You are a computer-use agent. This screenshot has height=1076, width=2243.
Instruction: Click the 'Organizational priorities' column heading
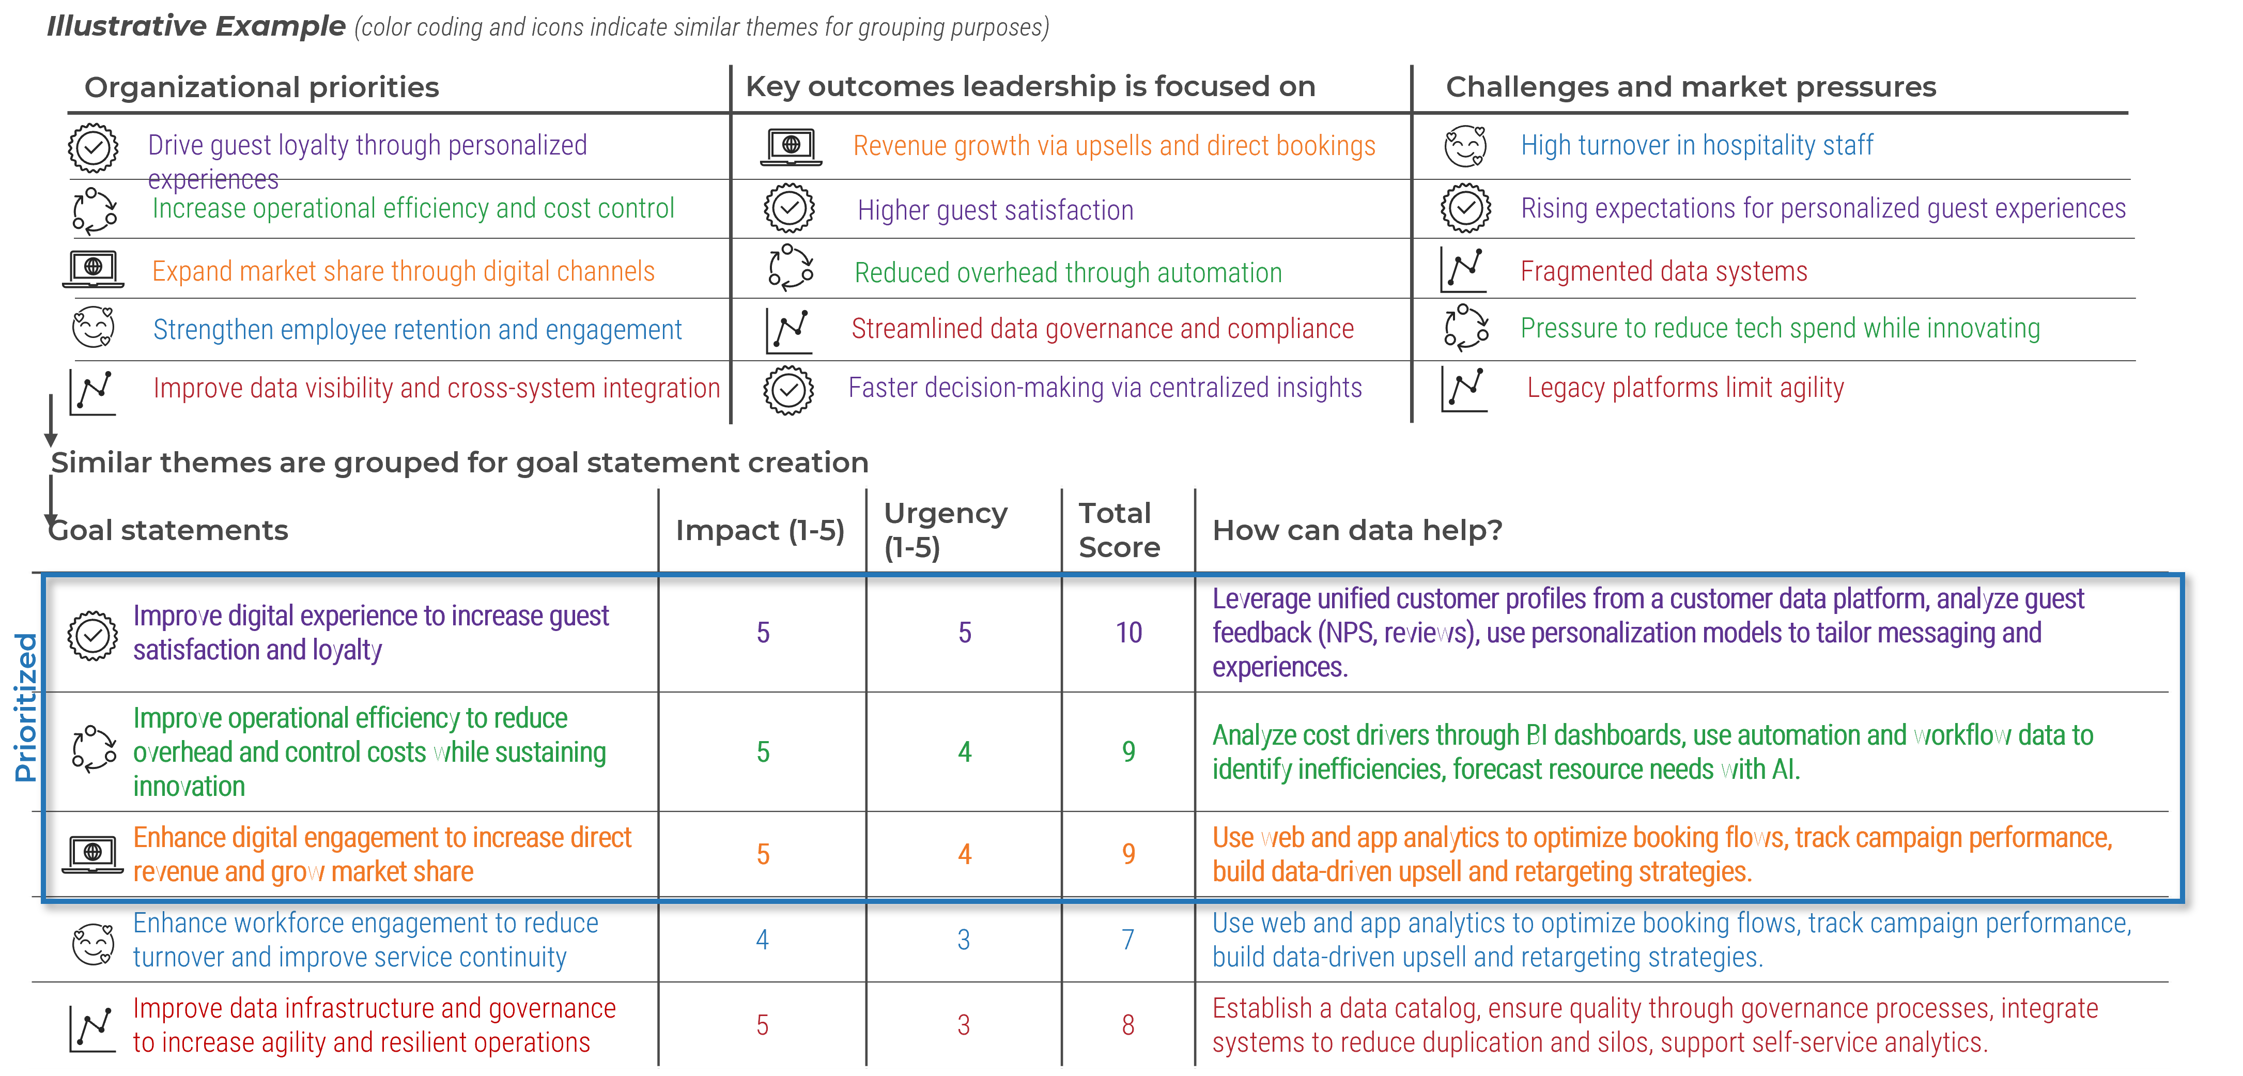pyautogui.click(x=261, y=87)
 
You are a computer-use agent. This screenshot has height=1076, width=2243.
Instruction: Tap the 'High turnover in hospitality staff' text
pyautogui.click(x=1696, y=146)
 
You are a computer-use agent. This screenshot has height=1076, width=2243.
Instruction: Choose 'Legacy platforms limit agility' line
pyautogui.click(x=1685, y=388)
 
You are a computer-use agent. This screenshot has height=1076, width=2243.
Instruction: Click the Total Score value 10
pyautogui.click(x=1128, y=633)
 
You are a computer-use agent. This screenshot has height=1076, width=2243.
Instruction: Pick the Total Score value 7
pyautogui.click(x=1127, y=939)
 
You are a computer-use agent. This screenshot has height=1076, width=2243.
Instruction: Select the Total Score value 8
pyautogui.click(x=1127, y=1025)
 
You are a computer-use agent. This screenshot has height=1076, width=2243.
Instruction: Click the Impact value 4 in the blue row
pyautogui.click(x=762, y=939)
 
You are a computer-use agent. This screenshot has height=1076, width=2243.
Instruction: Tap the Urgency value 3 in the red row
pyautogui.click(x=963, y=1025)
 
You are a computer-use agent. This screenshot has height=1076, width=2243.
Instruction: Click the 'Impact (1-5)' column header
pyautogui.click(x=759, y=530)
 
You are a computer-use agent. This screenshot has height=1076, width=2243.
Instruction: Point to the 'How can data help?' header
pyautogui.click(x=1356, y=530)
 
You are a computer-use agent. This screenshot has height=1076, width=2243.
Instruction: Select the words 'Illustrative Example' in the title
pyautogui.click(x=196, y=26)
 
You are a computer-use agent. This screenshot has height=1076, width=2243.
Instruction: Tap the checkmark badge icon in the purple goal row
pyautogui.click(x=92, y=635)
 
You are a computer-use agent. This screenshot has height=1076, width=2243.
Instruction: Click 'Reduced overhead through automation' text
pyautogui.click(x=1068, y=273)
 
